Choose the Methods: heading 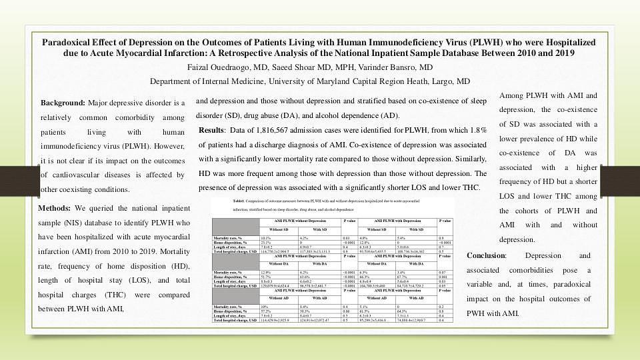click(x=56, y=209)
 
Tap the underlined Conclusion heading click(x=486, y=256)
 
